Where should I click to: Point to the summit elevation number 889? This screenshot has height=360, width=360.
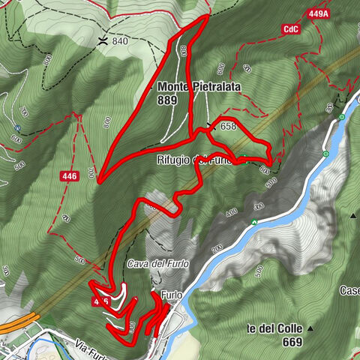[167, 100]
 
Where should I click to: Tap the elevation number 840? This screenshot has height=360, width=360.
[120, 41]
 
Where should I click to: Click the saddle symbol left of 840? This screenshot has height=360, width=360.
[103, 39]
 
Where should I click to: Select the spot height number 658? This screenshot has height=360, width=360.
[227, 127]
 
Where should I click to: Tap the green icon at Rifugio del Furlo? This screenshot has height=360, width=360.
[243, 157]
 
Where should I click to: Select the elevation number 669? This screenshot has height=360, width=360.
[271, 342]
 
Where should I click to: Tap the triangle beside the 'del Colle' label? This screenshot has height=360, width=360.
[309, 329]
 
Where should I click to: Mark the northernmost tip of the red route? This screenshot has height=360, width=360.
[205, 16]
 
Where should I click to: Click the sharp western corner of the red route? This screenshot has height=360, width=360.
[99, 180]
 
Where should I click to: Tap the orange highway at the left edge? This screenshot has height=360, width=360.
[11, 328]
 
